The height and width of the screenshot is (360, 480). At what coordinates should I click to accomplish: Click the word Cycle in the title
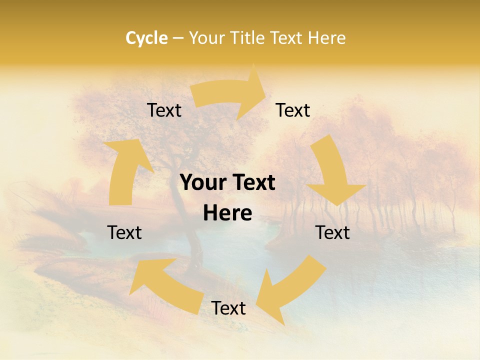pyautogui.click(x=146, y=38)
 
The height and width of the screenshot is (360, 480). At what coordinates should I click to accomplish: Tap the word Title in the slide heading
pyautogui.click(x=250, y=38)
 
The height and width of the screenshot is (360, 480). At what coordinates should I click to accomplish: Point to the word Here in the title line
pyautogui.click(x=327, y=38)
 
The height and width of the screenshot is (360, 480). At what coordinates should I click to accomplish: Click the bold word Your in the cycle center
pyautogui.click(x=201, y=183)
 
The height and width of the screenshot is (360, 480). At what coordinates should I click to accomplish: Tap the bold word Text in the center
pyautogui.click(x=252, y=183)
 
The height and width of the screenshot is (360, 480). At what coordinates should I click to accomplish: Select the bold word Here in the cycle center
pyautogui.click(x=227, y=213)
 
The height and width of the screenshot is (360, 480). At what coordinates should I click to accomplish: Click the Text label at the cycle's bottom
pyautogui.click(x=228, y=308)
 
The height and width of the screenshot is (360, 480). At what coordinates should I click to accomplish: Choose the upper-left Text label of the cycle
pyautogui.click(x=164, y=110)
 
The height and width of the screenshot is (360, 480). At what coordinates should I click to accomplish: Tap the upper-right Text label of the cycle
pyautogui.click(x=293, y=110)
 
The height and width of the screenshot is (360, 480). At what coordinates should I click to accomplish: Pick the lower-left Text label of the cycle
pyautogui.click(x=124, y=232)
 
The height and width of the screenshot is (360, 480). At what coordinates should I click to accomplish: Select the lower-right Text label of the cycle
pyautogui.click(x=332, y=232)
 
